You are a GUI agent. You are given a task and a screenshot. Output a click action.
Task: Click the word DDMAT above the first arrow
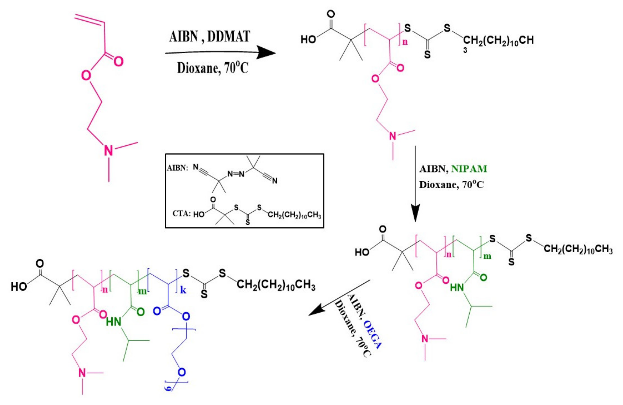229,37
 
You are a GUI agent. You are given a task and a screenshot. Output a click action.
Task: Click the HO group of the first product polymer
308,40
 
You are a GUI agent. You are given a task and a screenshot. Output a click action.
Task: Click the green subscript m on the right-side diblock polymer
487,256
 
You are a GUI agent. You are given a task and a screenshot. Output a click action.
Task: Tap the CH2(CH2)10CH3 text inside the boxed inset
294,215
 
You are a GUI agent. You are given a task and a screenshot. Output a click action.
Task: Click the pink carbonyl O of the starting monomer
118,62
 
